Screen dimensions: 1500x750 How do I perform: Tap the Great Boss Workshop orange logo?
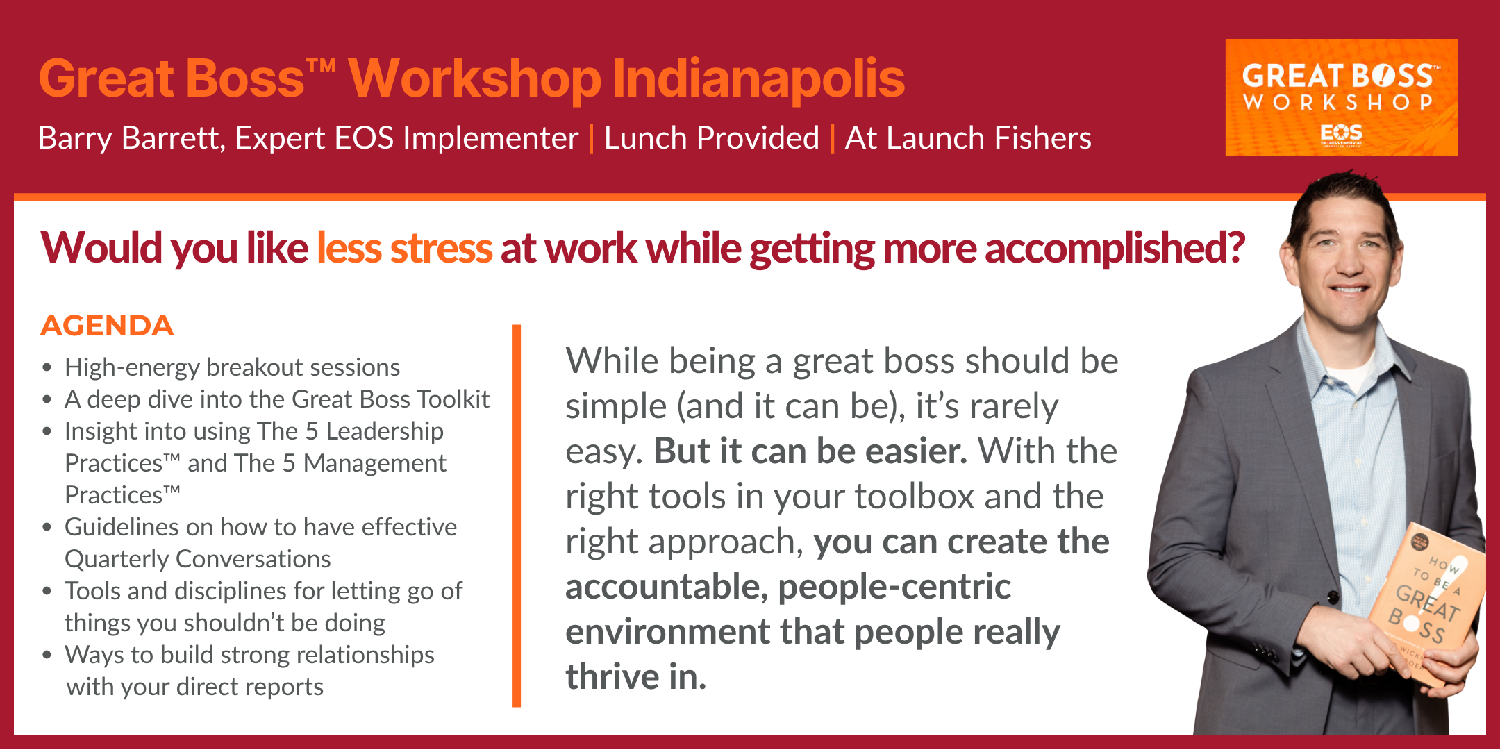click(1341, 97)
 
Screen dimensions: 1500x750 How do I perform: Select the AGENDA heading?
click(107, 326)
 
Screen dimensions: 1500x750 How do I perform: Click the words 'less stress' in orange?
click(404, 248)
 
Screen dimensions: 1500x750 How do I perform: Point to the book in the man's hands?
click(1427, 604)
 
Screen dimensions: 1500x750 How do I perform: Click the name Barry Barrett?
click(131, 138)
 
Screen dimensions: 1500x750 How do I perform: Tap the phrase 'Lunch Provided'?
click(712, 137)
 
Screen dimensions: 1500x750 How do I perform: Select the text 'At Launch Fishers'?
click(968, 137)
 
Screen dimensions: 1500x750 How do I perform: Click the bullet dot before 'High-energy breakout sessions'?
click(47, 367)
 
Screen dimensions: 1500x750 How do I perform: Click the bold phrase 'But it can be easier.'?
click(810, 451)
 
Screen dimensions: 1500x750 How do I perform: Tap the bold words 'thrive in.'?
click(635, 676)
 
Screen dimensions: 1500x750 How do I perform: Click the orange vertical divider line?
click(517, 515)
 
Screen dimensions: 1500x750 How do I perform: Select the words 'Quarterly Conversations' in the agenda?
click(198, 559)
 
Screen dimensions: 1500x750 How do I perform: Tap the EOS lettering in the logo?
click(1342, 132)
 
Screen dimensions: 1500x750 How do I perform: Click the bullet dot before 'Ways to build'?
click(47, 655)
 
